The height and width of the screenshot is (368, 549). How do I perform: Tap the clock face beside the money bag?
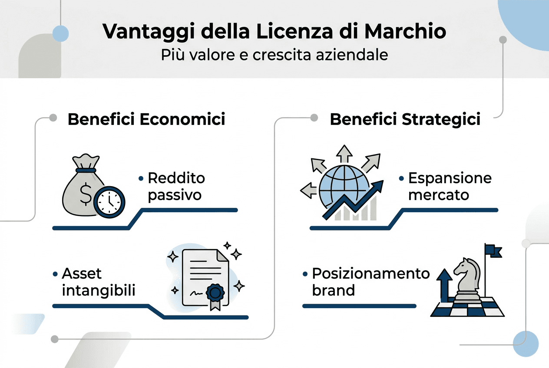[x=109, y=202]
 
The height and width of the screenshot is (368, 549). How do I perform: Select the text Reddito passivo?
[x=175, y=186]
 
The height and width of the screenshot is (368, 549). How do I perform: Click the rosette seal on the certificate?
[x=214, y=293]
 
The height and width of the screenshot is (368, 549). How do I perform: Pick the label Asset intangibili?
[x=98, y=282]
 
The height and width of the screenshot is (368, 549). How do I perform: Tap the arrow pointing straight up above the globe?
[x=345, y=154]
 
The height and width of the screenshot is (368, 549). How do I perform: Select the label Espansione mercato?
[x=450, y=186]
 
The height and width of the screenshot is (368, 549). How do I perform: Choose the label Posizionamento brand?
[x=370, y=282]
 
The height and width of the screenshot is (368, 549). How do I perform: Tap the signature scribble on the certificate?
[x=196, y=293]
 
